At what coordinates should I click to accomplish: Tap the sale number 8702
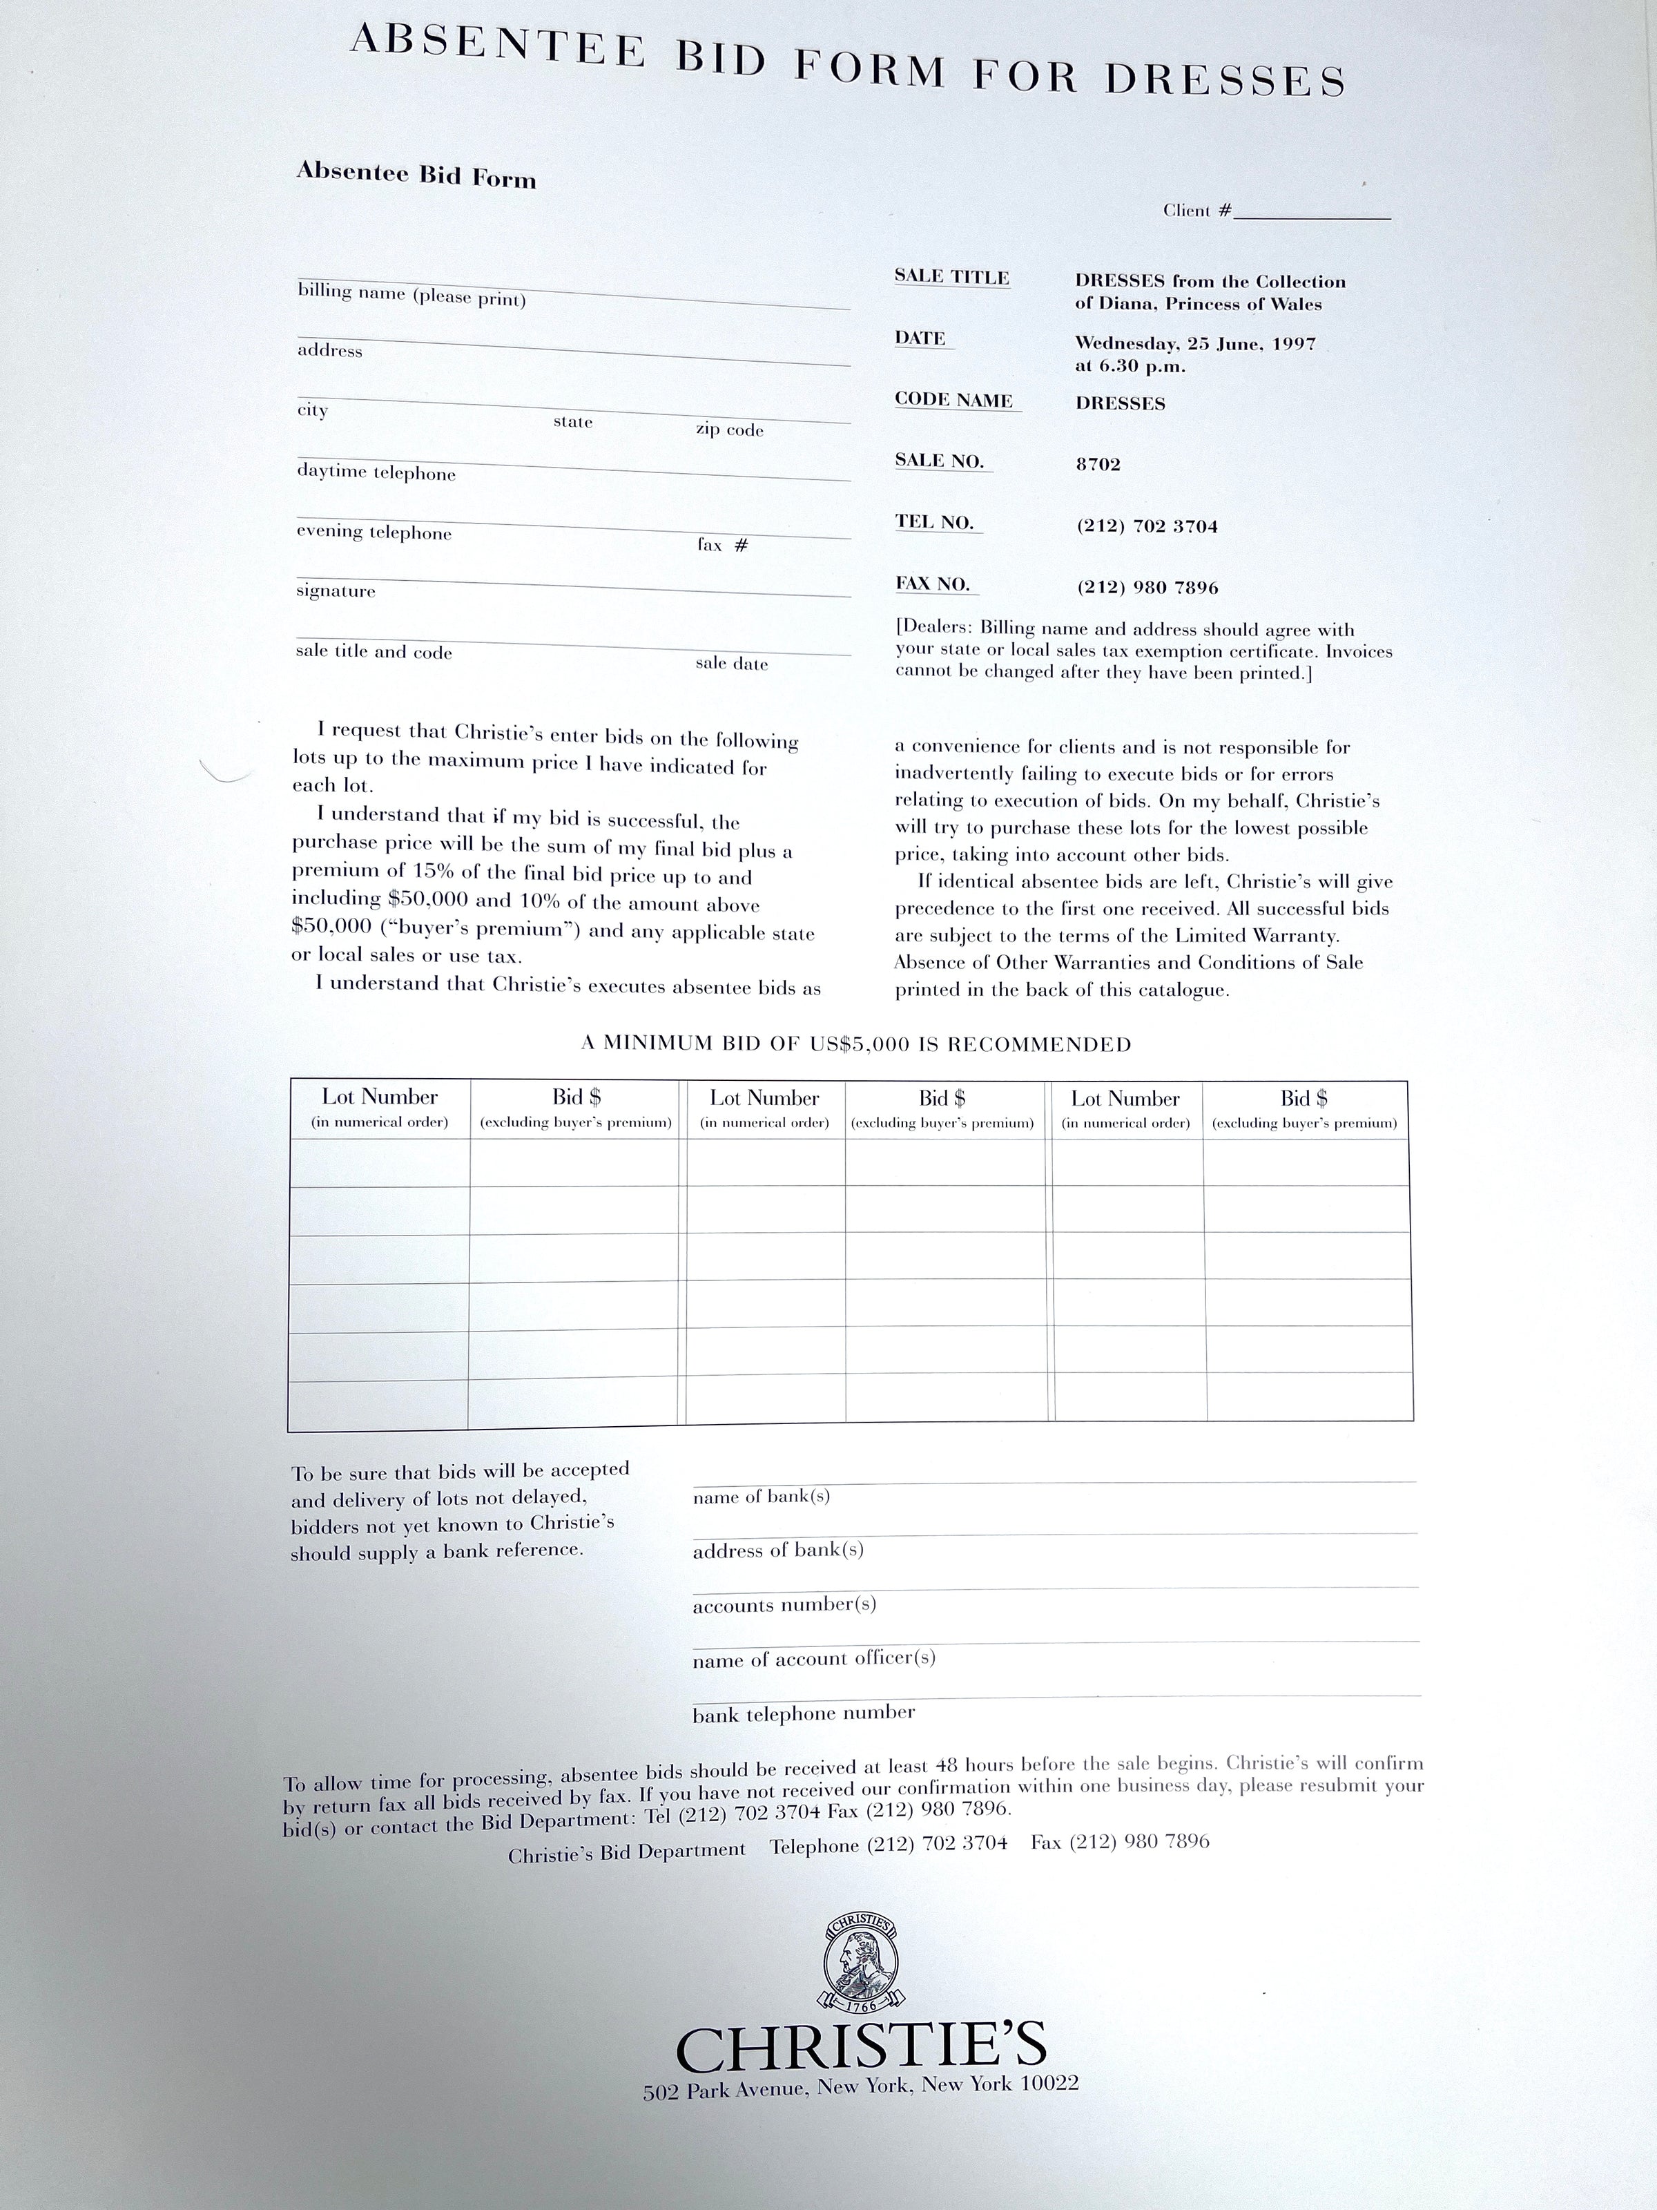(x=1098, y=465)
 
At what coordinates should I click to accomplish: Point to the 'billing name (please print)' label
(x=411, y=296)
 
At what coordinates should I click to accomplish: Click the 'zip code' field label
(x=729, y=431)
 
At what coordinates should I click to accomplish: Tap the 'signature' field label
(x=336, y=591)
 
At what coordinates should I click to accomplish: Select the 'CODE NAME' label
(x=954, y=400)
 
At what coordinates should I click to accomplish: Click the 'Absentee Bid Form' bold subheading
(x=416, y=176)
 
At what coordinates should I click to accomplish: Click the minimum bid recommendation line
(x=856, y=1045)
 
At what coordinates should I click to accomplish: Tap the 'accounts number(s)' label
(x=784, y=1604)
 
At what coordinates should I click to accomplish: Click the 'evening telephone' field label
(x=374, y=532)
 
